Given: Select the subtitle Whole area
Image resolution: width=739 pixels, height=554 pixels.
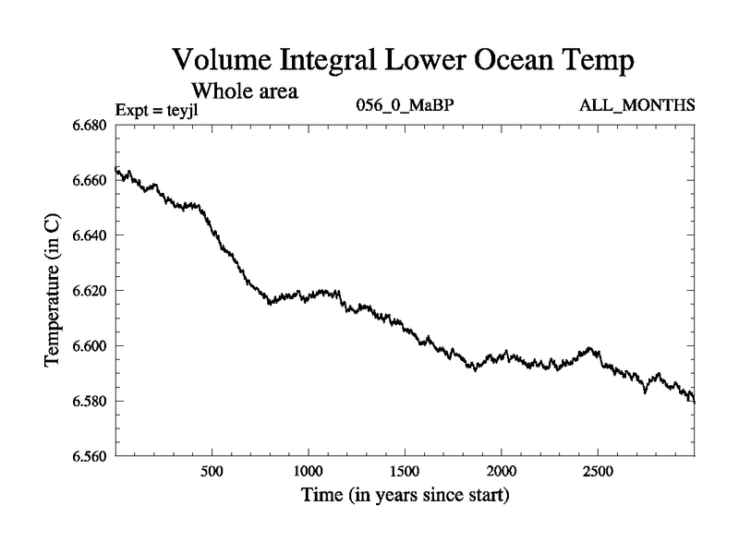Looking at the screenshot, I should [x=244, y=90].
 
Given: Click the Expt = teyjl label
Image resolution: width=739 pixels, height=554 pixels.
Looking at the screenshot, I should [x=156, y=111].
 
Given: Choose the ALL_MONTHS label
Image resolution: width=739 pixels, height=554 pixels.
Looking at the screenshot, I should [x=636, y=105].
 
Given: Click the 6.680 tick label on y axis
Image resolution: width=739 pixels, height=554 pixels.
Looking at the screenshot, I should [x=91, y=125].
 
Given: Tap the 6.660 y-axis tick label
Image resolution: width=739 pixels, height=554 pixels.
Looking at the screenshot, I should [x=91, y=180].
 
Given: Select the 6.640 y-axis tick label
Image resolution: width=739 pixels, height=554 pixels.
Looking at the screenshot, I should [x=91, y=235].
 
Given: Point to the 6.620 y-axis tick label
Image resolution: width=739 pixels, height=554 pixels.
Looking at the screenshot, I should [x=91, y=291].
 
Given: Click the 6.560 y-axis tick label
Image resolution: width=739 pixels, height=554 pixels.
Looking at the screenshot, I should [x=91, y=456].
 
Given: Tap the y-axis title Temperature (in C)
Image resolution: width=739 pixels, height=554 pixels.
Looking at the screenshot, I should [x=53, y=291].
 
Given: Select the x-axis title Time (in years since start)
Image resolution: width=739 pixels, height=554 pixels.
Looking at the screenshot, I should [x=406, y=496].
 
